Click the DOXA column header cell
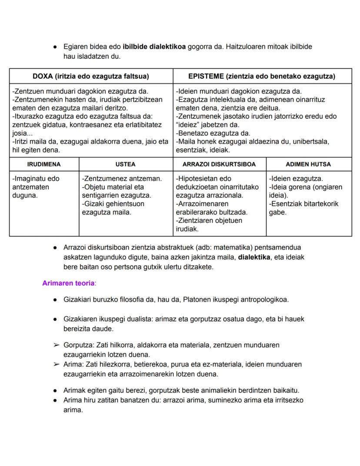[90, 76]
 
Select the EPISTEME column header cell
[262, 76]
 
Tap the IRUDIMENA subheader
[44, 164]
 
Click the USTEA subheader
[126, 164]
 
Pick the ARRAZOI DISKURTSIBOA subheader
[219, 164]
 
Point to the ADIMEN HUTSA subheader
[308, 164]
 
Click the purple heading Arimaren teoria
[68, 283]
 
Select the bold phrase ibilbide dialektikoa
[154, 46]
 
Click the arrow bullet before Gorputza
[56, 345]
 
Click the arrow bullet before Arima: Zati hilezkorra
[56, 364]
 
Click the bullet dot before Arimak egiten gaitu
[56, 390]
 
